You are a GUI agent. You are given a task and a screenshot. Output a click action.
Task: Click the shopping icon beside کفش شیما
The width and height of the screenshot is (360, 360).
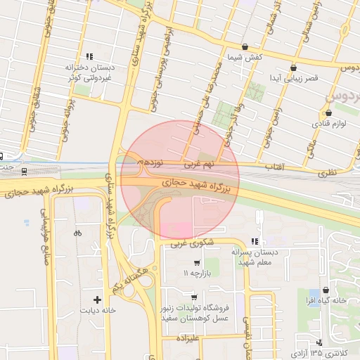tap(245, 46)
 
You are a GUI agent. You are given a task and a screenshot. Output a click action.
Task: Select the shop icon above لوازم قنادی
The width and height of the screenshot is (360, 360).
tap(328, 112)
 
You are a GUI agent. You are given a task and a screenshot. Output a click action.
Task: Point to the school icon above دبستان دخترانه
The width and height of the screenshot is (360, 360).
tap(89, 56)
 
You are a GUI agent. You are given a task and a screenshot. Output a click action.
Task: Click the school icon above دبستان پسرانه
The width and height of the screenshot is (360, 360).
tap(255, 240)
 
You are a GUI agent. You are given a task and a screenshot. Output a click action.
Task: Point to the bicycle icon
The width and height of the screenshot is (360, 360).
tap(77, 233)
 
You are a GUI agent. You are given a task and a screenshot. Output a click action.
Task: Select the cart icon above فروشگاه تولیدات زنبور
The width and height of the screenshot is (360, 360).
tap(193, 297)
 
